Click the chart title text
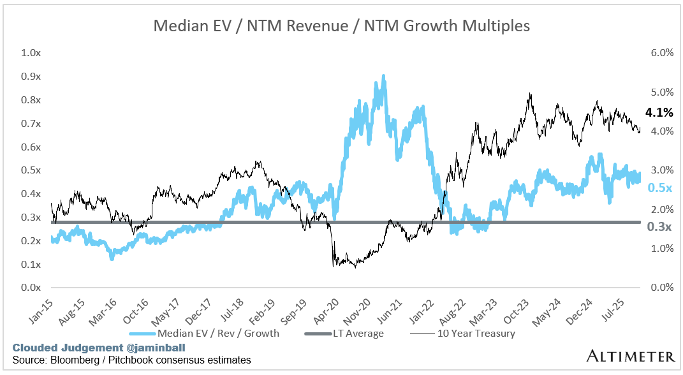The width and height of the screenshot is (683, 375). pyautogui.click(x=341, y=26)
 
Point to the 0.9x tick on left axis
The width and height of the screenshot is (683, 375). pyautogui.click(x=31, y=77)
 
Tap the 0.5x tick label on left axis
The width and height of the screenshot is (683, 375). pyautogui.click(x=31, y=170)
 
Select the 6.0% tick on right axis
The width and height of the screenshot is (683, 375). pyautogui.click(x=662, y=53)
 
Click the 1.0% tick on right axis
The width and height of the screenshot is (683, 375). pyautogui.click(x=662, y=248)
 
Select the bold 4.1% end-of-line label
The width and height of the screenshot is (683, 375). pyautogui.click(x=659, y=113)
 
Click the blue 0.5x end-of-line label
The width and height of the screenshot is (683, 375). pyautogui.click(x=659, y=187)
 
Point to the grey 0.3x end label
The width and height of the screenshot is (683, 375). pyautogui.click(x=659, y=226)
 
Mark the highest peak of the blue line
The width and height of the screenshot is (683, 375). pyautogui.click(x=383, y=77)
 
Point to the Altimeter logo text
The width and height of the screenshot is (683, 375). pyautogui.click(x=631, y=355)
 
